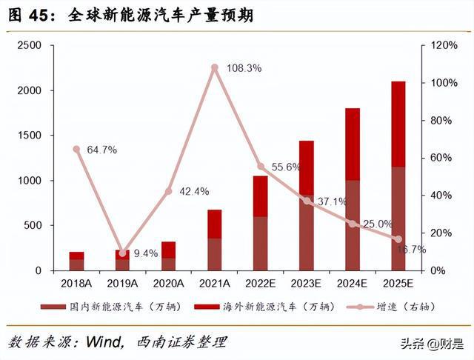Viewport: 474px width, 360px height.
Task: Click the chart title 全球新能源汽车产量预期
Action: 160,15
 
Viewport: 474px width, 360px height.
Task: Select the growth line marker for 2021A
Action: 215,68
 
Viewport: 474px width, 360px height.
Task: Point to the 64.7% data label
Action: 101,150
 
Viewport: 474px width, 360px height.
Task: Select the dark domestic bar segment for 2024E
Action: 353,225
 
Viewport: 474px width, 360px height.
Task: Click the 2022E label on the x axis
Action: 260,283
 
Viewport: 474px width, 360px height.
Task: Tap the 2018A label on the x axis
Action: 77,283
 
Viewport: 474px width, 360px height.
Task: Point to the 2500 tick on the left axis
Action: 29,45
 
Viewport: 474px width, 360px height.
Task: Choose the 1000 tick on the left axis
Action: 29,181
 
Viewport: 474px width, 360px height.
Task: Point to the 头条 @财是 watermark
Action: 433,343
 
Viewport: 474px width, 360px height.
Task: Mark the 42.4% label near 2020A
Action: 194,192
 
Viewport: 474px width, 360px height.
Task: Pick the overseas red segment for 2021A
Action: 215,224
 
